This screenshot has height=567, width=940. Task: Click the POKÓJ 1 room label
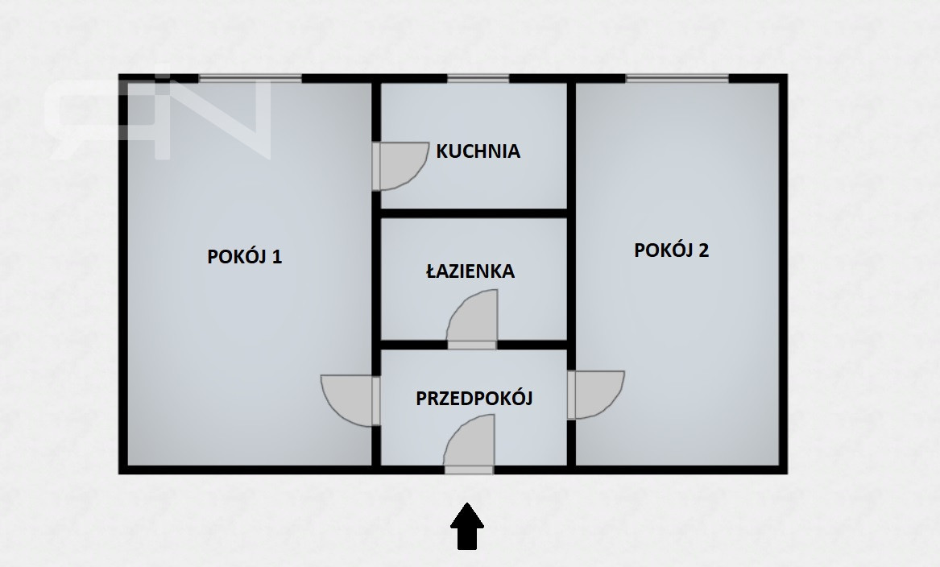pyautogui.click(x=245, y=257)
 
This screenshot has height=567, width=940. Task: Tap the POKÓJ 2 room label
pyautogui.click(x=672, y=250)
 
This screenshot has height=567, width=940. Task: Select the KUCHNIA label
pyautogui.click(x=478, y=151)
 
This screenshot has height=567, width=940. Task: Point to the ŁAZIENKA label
pyautogui.click(x=470, y=271)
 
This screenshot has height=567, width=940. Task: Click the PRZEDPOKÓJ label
pyautogui.click(x=474, y=398)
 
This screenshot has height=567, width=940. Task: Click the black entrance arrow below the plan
pyautogui.click(x=467, y=526)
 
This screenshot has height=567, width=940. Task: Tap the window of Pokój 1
pyautogui.click(x=250, y=78)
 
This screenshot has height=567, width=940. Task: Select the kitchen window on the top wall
pyautogui.click(x=478, y=78)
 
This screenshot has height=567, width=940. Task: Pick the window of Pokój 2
pyautogui.click(x=677, y=78)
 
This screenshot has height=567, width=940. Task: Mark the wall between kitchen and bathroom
pyautogui.click(x=474, y=213)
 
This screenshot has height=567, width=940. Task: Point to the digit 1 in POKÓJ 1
pyautogui.click(x=277, y=257)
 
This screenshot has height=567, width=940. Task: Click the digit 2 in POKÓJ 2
pyautogui.click(x=704, y=250)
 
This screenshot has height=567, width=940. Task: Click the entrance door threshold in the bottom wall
pyautogui.click(x=469, y=470)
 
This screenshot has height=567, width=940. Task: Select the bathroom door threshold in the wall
pyautogui.click(x=472, y=346)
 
